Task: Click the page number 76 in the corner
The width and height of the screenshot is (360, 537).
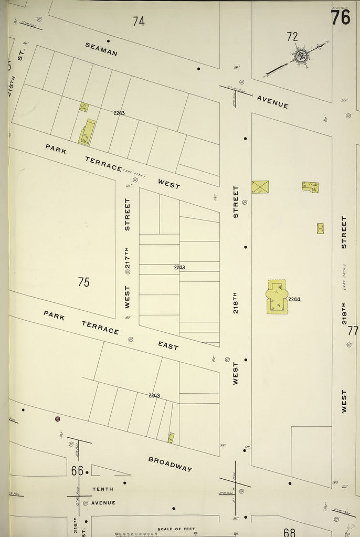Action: (x=341, y=17)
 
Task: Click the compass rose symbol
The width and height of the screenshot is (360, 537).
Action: (x=301, y=56)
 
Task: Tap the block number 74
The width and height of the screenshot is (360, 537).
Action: (x=139, y=22)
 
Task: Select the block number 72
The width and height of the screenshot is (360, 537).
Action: (x=292, y=36)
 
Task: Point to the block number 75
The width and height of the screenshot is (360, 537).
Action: (x=83, y=282)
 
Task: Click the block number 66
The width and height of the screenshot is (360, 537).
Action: (x=77, y=471)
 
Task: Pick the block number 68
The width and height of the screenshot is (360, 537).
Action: (x=289, y=532)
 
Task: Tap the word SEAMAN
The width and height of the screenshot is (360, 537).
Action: (x=101, y=49)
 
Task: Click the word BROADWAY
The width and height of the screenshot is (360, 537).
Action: (x=170, y=464)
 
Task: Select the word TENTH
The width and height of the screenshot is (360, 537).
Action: (x=102, y=489)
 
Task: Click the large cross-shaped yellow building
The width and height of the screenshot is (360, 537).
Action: (x=277, y=297)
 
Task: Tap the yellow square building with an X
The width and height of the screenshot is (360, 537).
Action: (x=260, y=187)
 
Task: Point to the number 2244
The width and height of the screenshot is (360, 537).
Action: (x=294, y=299)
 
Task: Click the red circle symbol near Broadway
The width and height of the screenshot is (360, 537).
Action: (x=58, y=419)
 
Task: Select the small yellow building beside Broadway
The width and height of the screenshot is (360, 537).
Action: (x=171, y=437)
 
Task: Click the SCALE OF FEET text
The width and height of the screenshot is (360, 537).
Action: (x=176, y=529)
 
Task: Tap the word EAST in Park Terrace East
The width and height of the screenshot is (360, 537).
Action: (x=168, y=345)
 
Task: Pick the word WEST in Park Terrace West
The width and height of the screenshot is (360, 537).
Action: (x=169, y=184)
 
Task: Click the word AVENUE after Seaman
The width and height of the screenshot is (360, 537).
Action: (x=272, y=101)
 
